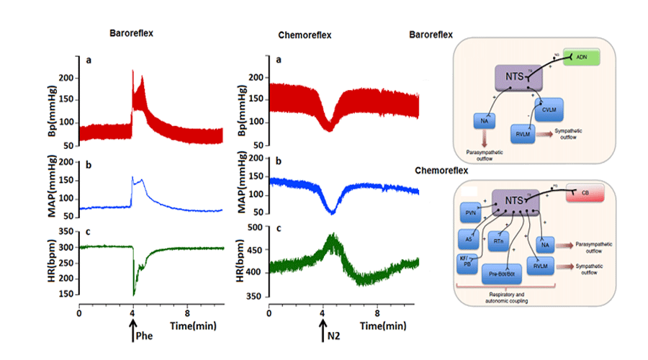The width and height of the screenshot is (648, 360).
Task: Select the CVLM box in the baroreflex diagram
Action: (x=551, y=109)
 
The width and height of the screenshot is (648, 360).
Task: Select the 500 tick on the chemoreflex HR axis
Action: (x=256, y=227)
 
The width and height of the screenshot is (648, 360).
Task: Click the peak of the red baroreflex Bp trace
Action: (x=132, y=71)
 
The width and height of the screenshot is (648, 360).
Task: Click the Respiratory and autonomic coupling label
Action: (x=506, y=297)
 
